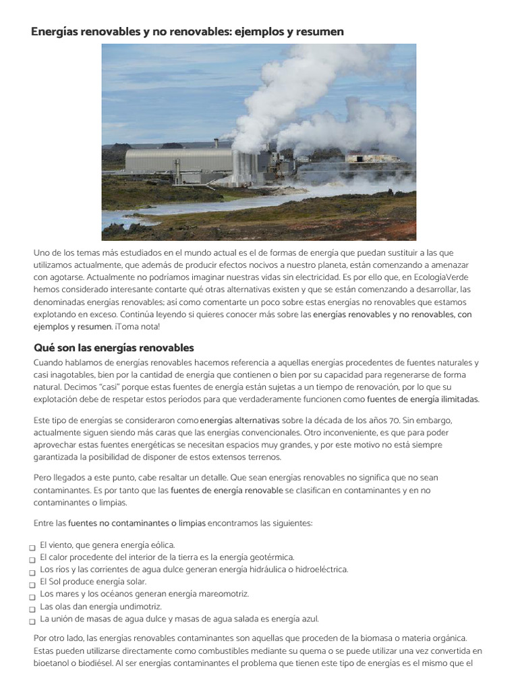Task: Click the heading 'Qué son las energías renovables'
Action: coord(113,348)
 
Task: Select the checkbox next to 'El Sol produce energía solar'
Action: coord(32,584)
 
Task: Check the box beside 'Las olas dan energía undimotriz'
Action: coord(32,609)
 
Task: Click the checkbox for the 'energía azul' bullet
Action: coord(32,621)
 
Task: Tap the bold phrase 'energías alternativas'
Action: coord(240,420)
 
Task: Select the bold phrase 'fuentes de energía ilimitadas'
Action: coord(423,399)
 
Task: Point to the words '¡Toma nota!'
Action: coord(138,326)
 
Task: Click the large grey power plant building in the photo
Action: coord(179,162)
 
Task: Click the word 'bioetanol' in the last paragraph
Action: coord(51,663)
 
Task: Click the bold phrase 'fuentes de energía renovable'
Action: coord(227,490)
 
